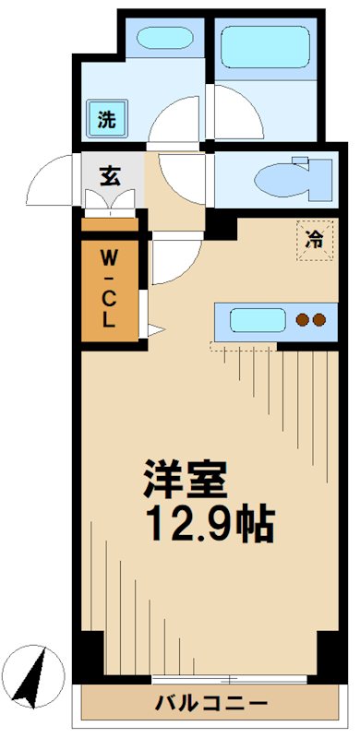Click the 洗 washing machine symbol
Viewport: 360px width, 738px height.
pos(108,119)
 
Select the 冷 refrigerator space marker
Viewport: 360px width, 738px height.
pos(314,241)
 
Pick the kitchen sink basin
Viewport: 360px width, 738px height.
pos(256,321)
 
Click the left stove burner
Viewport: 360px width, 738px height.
pos(301,321)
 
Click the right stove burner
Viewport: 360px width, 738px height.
pos(318,321)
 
